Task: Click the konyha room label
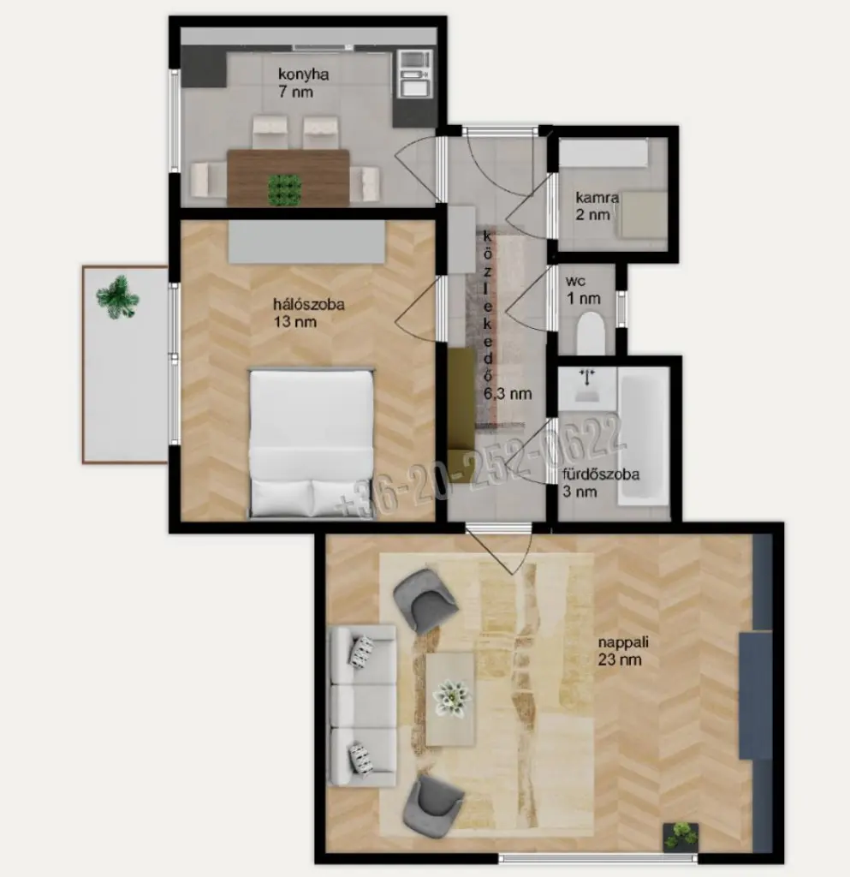(304, 75)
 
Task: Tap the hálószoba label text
(308, 304)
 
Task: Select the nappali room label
(623, 642)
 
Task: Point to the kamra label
(597, 198)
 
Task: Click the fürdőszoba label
(601, 474)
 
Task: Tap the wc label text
(575, 281)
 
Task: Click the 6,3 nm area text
(507, 394)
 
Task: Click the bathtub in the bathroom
(643, 439)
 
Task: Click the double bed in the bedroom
(312, 443)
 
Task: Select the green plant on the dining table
(284, 189)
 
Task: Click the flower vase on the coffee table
(452, 698)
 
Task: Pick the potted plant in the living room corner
(681, 836)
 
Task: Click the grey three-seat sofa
(362, 706)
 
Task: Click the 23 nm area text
(620, 659)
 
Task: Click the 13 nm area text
(295, 322)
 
